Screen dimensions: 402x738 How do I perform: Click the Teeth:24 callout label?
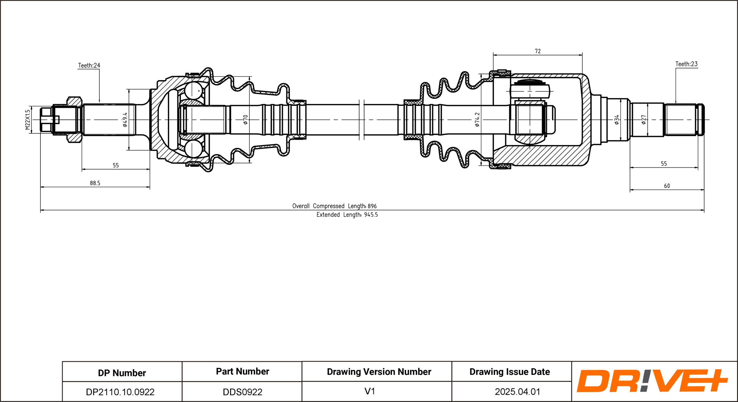coord(89,65)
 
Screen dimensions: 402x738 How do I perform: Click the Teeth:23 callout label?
coord(686,64)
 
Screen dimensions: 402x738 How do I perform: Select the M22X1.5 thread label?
coord(28,120)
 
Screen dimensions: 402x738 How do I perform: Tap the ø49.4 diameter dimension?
coord(125,119)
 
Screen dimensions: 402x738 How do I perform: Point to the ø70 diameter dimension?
coord(245,119)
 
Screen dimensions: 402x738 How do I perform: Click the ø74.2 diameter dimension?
coord(477,119)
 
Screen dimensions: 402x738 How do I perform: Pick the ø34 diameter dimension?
coord(617,119)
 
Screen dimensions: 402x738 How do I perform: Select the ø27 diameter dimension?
coord(644,119)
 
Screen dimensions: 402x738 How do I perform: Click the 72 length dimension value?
coord(538,51)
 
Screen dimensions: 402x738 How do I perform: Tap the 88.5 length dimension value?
coord(95,183)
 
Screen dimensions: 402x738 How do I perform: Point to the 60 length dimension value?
coord(667,186)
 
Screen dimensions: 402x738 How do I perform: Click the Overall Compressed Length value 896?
coord(372,206)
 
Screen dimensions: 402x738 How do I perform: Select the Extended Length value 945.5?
coord(371,215)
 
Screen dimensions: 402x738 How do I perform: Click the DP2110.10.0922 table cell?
coord(120,392)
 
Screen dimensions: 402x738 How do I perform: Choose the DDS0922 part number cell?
coord(242,392)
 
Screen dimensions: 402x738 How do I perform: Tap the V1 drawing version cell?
coord(370,391)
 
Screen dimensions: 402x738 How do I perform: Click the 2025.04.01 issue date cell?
coord(517,392)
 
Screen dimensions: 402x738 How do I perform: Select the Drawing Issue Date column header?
coord(510,372)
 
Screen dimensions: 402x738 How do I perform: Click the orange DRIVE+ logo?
coord(652,381)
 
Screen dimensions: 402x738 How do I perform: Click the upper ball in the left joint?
coord(193,90)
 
